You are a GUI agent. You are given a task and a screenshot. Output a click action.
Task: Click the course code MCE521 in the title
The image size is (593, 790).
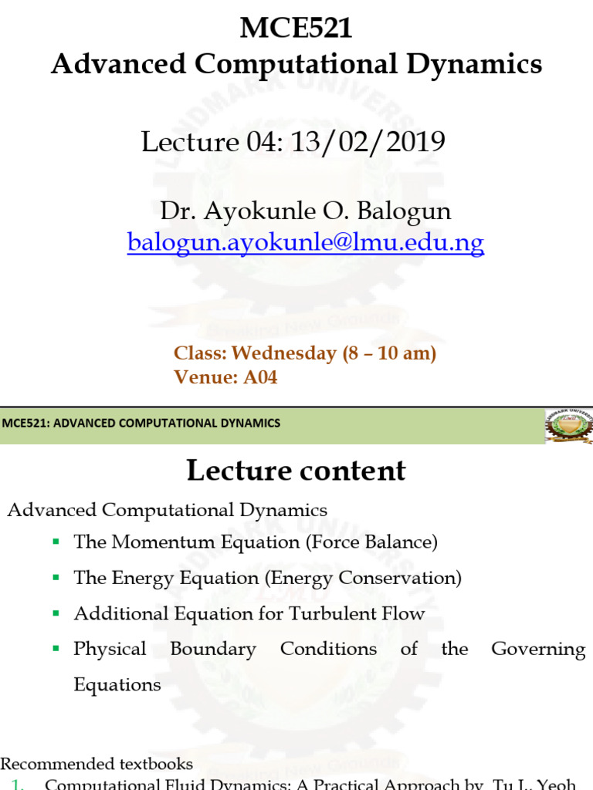coord(296,29)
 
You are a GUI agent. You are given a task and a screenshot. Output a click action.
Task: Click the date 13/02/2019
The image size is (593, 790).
coord(385,142)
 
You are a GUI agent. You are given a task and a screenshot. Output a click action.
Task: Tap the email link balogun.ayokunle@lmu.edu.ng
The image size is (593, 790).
coord(306,243)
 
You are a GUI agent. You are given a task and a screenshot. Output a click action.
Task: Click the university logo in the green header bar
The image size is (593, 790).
coord(569,425)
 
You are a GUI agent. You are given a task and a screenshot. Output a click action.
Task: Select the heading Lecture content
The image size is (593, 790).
coord(296,471)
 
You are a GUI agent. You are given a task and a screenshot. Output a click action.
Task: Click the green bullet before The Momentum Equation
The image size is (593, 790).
coord(56,542)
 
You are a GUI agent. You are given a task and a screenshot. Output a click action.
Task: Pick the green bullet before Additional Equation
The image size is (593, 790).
coord(56,614)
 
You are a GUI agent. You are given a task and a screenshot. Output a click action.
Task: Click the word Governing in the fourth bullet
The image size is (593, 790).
coord(538,649)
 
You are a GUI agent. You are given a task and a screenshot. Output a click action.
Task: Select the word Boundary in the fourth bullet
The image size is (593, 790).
coord(213,649)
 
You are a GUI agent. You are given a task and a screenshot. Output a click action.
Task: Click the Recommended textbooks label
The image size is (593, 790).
coord(97,765)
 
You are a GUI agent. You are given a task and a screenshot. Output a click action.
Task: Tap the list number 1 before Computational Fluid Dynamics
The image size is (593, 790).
coord(19,785)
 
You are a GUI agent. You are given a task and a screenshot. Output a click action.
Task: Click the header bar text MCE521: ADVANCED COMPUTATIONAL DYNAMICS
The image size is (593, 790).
coord(141,423)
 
